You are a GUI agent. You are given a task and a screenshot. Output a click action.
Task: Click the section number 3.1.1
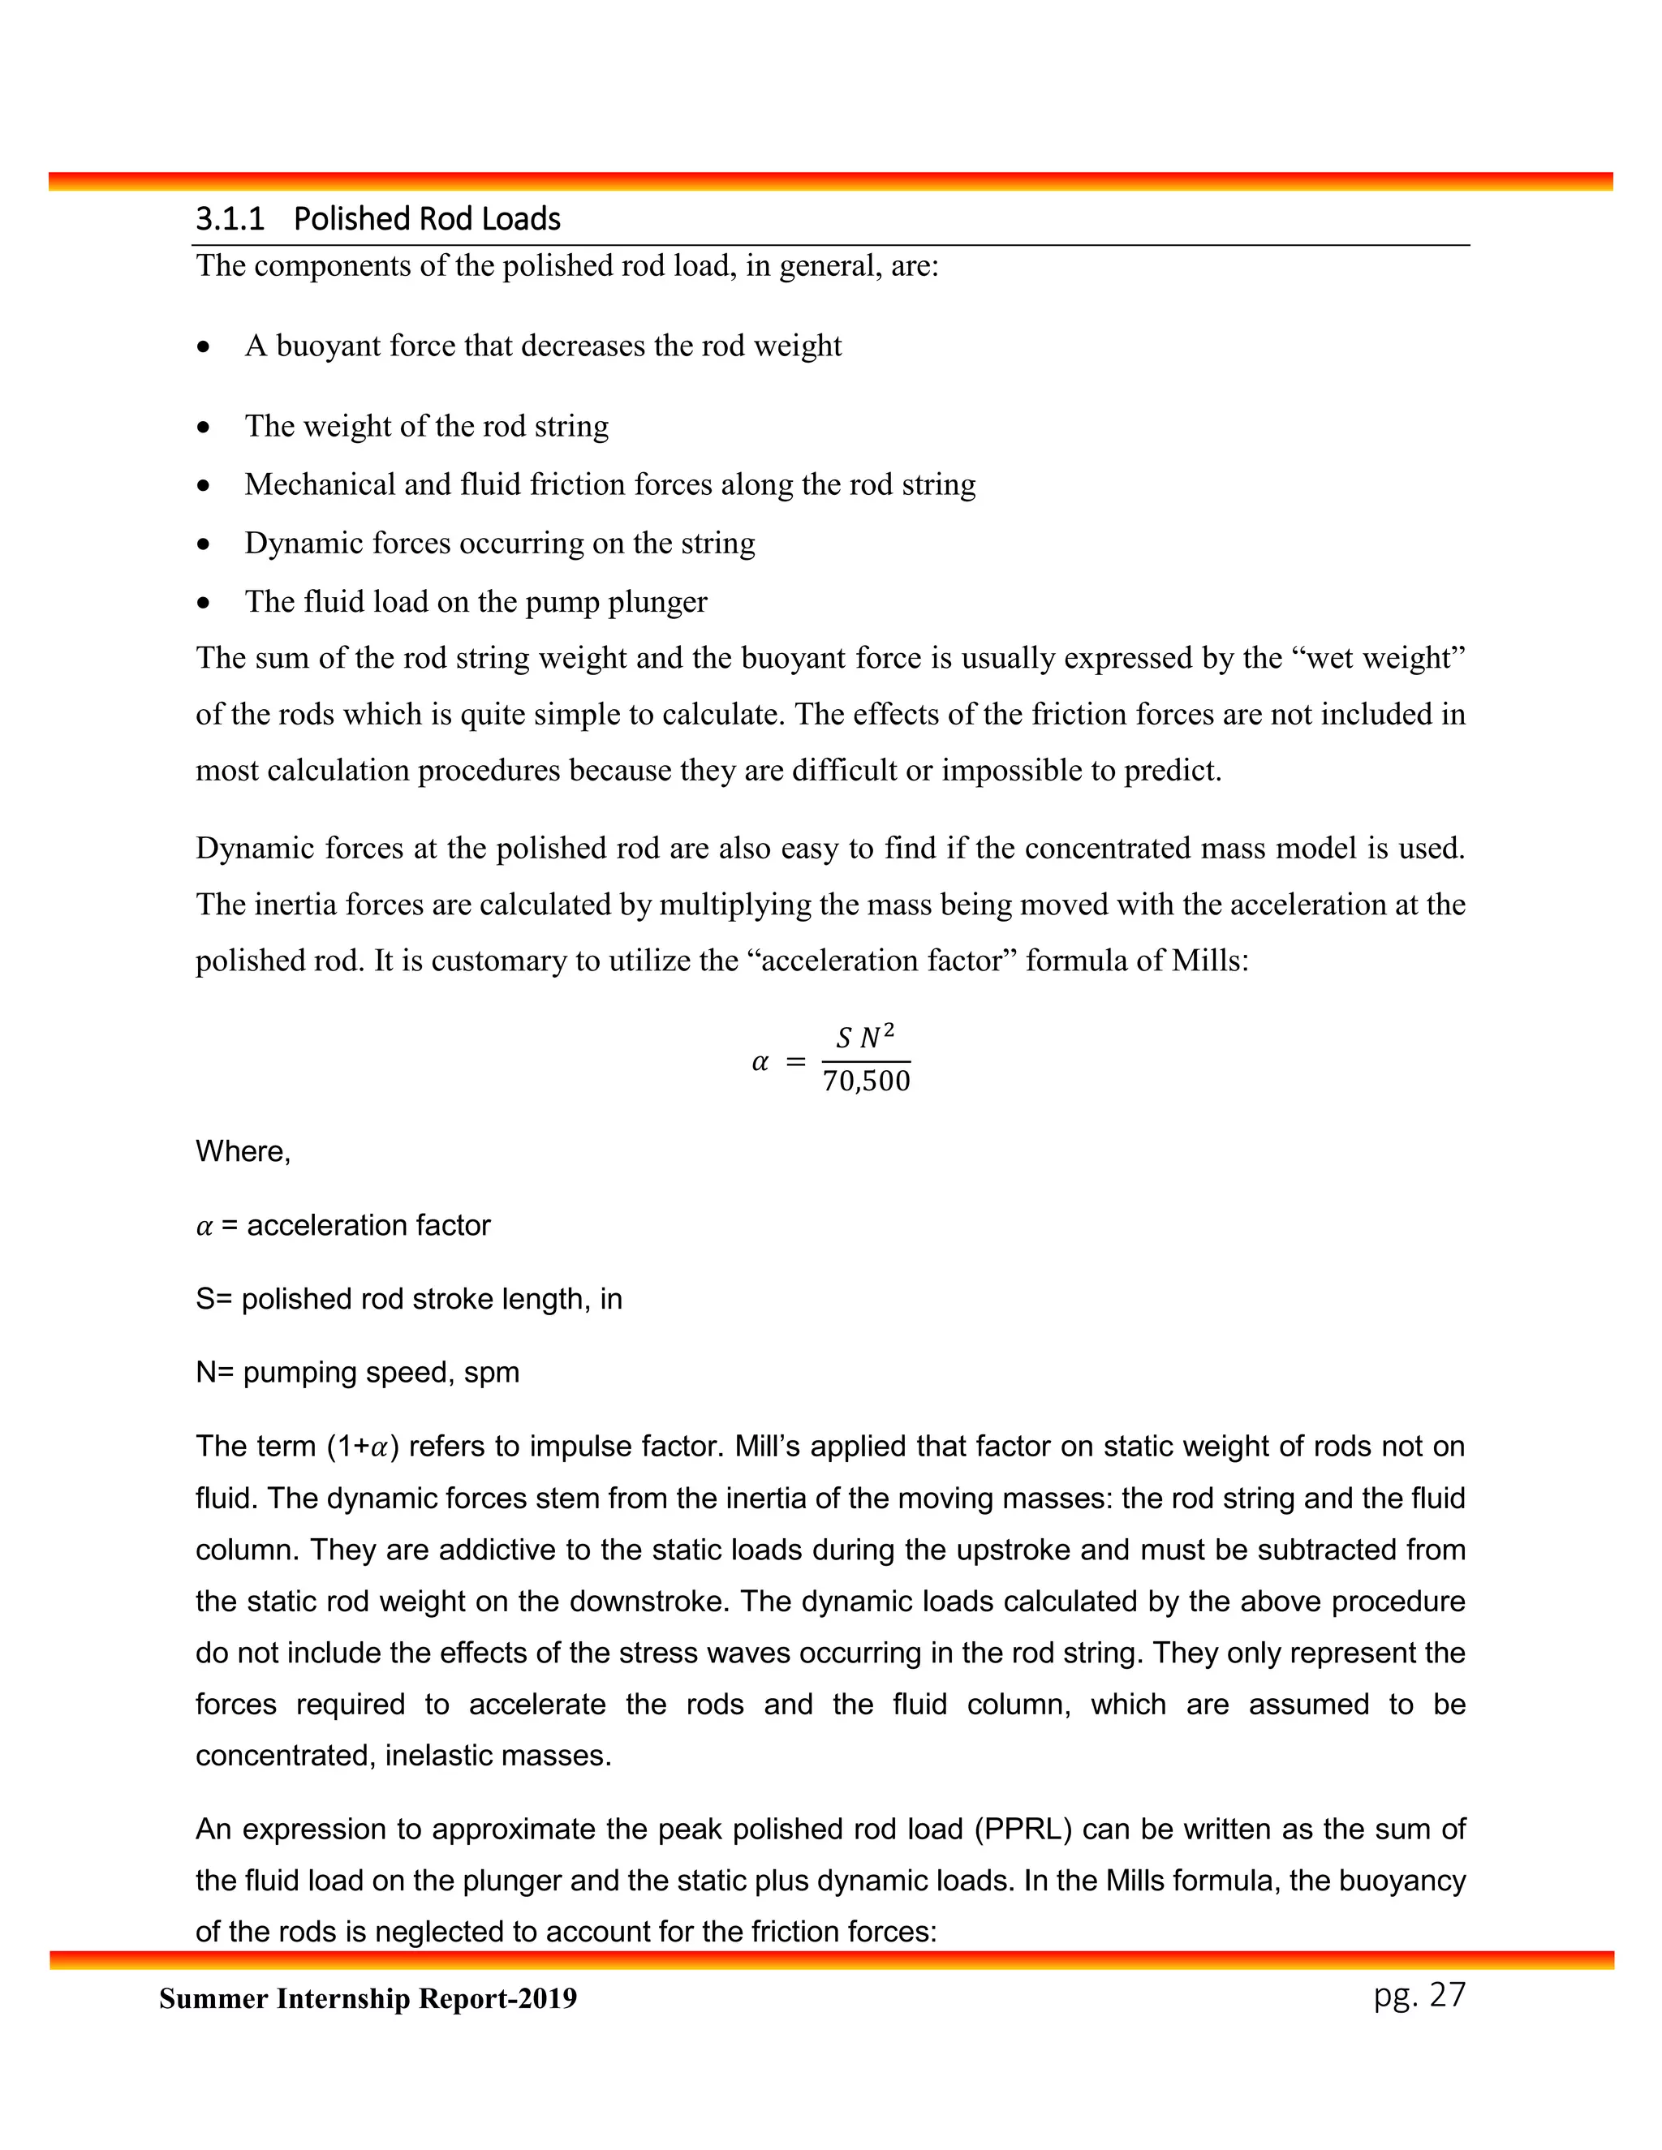(x=230, y=218)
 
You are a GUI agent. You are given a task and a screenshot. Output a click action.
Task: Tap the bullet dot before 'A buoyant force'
(x=203, y=347)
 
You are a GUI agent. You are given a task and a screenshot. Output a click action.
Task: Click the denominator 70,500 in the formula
(x=867, y=1081)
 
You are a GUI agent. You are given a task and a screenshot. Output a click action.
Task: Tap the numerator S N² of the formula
(x=864, y=1037)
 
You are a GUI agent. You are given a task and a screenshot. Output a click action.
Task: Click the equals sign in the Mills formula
(x=795, y=1062)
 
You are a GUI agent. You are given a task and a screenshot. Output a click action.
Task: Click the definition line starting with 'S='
(x=409, y=1300)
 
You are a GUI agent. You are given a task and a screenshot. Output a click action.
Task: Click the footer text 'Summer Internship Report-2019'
(x=368, y=1999)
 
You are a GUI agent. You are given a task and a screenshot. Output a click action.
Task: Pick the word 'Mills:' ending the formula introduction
(x=1210, y=960)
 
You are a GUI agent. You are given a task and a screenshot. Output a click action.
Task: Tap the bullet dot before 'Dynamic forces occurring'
(x=203, y=544)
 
